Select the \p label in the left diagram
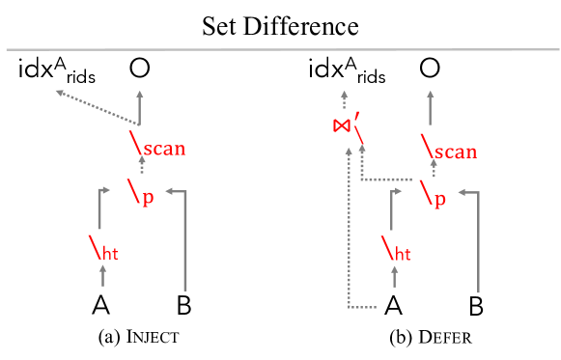coord(141,195)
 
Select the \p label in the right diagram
coord(433,197)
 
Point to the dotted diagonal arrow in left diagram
coord(97,108)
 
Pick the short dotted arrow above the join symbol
coord(344,100)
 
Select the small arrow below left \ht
coord(103,275)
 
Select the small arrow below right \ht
coord(395,275)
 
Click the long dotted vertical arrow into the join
coord(349,232)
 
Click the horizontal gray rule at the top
coord(280,49)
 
